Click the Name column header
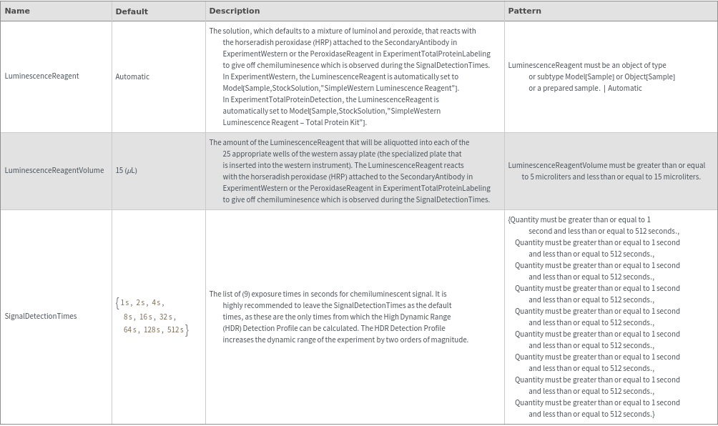(17, 11)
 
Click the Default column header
(132, 11)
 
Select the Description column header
(234, 11)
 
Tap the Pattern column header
(524, 11)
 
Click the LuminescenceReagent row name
(41, 76)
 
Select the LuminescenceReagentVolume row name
(54, 170)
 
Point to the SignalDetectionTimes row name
(40, 316)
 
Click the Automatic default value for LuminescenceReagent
(132, 76)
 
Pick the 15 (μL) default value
(126, 170)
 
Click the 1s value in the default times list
(125, 303)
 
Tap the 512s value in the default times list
(175, 330)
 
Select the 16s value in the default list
(146, 316)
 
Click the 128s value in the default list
(152, 330)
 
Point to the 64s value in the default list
(129, 330)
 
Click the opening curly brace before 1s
(117, 303)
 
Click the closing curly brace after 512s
(187, 330)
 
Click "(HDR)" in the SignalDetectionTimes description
(232, 328)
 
